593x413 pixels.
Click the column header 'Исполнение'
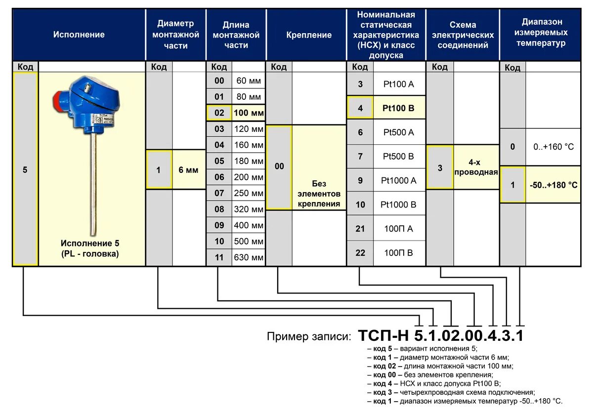[x=79, y=35]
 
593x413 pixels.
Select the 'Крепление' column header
[x=309, y=35]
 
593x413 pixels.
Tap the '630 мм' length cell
[x=249, y=257]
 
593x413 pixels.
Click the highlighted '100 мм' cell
[x=249, y=113]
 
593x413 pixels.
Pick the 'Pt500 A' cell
[x=399, y=132]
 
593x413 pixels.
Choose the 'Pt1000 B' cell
[x=399, y=204]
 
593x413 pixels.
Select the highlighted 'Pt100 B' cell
[x=399, y=108]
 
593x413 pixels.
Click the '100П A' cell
[x=399, y=228]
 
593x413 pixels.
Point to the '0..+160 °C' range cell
[x=553, y=147]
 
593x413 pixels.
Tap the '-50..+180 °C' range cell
[x=553, y=185]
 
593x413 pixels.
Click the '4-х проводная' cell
[x=475, y=167]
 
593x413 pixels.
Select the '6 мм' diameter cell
[x=188, y=170]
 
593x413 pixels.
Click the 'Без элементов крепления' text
[x=319, y=194]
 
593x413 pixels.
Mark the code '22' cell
[x=360, y=252]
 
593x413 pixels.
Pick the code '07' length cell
[x=219, y=193]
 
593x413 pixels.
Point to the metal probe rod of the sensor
[x=93, y=188]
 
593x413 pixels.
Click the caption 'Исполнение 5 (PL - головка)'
[x=90, y=249]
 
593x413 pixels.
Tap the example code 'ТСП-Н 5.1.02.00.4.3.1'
[x=440, y=336]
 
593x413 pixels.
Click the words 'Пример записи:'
[x=309, y=337]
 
